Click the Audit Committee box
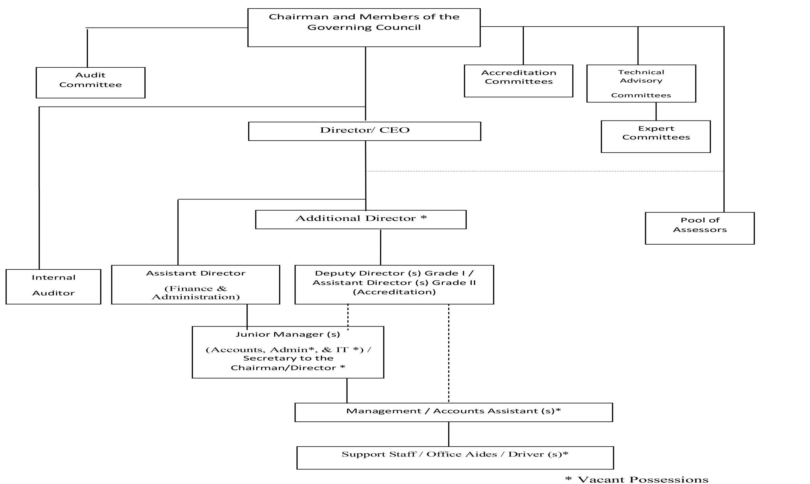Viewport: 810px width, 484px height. (90, 83)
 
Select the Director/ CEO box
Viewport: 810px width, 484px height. (364, 131)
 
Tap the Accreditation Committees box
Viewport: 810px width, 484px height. (519, 81)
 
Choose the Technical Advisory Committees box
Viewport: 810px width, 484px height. (641, 83)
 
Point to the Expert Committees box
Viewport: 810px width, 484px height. (656, 136)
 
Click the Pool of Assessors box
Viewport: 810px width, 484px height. (700, 228)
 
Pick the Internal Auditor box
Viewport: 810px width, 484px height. (53, 287)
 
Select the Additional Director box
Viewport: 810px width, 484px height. (361, 219)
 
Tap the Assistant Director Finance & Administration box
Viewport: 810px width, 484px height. (196, 285)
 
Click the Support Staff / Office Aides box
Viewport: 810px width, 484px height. (455, 458)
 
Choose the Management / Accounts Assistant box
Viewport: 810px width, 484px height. (454, 412)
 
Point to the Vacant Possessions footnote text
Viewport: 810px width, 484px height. (637, 479)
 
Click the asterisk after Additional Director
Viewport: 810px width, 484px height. (424, 217)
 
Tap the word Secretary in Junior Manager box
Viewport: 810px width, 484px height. (261, 358)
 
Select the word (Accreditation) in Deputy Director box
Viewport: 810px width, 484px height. (394, 291)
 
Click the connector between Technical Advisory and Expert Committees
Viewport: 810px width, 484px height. (656, 112)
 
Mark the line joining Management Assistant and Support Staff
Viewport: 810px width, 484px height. (449, 434)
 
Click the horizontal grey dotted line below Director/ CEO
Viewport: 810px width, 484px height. (545, 171)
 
